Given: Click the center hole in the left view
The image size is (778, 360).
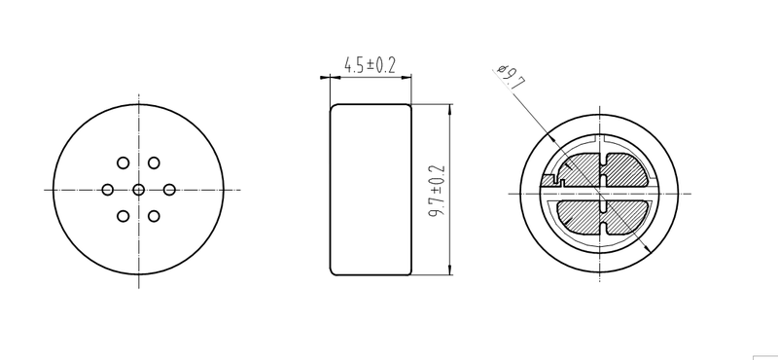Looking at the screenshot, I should (x=138, y=189).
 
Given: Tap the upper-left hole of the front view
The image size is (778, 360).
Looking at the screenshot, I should (x=124, y=162).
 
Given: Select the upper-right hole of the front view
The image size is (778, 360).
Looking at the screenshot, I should (x=154, y=162).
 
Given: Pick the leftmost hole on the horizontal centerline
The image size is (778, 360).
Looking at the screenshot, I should (x=108, y=189).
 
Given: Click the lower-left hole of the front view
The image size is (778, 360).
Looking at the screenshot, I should (x=124, y=215).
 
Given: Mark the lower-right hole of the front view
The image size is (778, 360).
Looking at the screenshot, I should (x=154, y=215).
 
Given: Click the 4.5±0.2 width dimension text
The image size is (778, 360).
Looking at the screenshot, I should (x=371, y=66).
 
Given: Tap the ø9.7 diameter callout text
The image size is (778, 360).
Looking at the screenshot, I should (x=510, y=77).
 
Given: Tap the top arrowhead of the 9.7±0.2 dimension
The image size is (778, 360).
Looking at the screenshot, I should (x=450, y=107).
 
